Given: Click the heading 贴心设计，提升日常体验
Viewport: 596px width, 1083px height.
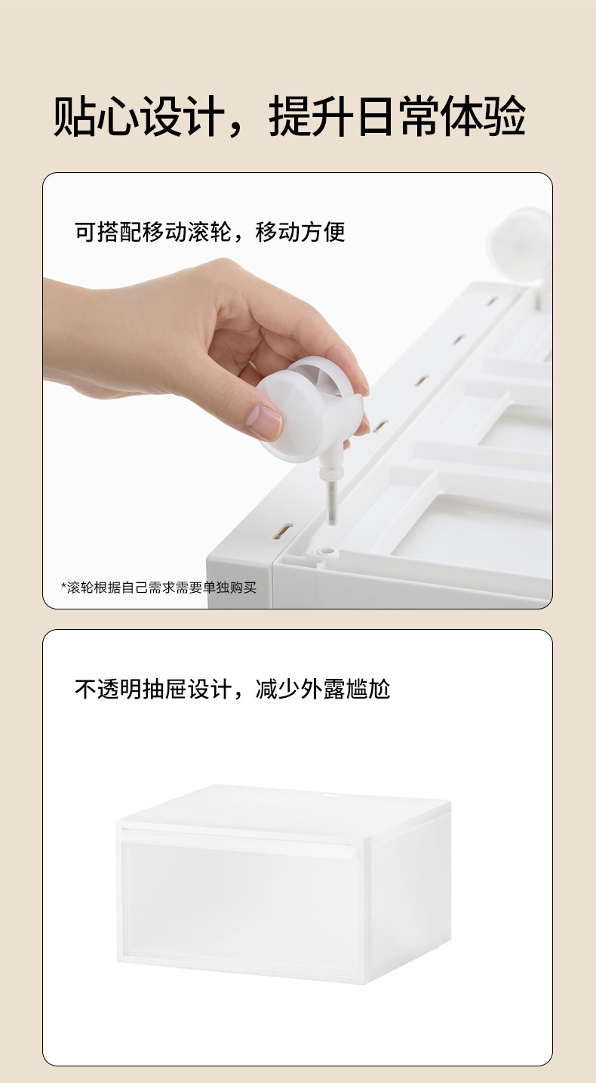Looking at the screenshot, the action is coord(289,116).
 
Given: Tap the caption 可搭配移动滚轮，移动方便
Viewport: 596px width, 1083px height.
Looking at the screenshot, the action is coord(210,232).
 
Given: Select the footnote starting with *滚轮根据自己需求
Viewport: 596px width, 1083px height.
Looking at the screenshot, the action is coord(158,588).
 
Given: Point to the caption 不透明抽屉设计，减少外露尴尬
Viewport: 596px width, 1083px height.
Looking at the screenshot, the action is coord(232,689).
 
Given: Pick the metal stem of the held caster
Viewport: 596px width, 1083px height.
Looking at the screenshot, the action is coord(332,502).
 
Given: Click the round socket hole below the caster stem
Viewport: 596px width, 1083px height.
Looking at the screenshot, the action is coord(327,551).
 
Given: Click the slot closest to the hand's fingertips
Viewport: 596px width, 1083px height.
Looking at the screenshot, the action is coord(380,426).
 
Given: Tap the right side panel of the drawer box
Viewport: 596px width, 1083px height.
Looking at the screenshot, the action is coord(410,889).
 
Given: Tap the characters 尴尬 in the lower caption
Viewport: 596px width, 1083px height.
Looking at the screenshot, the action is coord(368,689).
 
